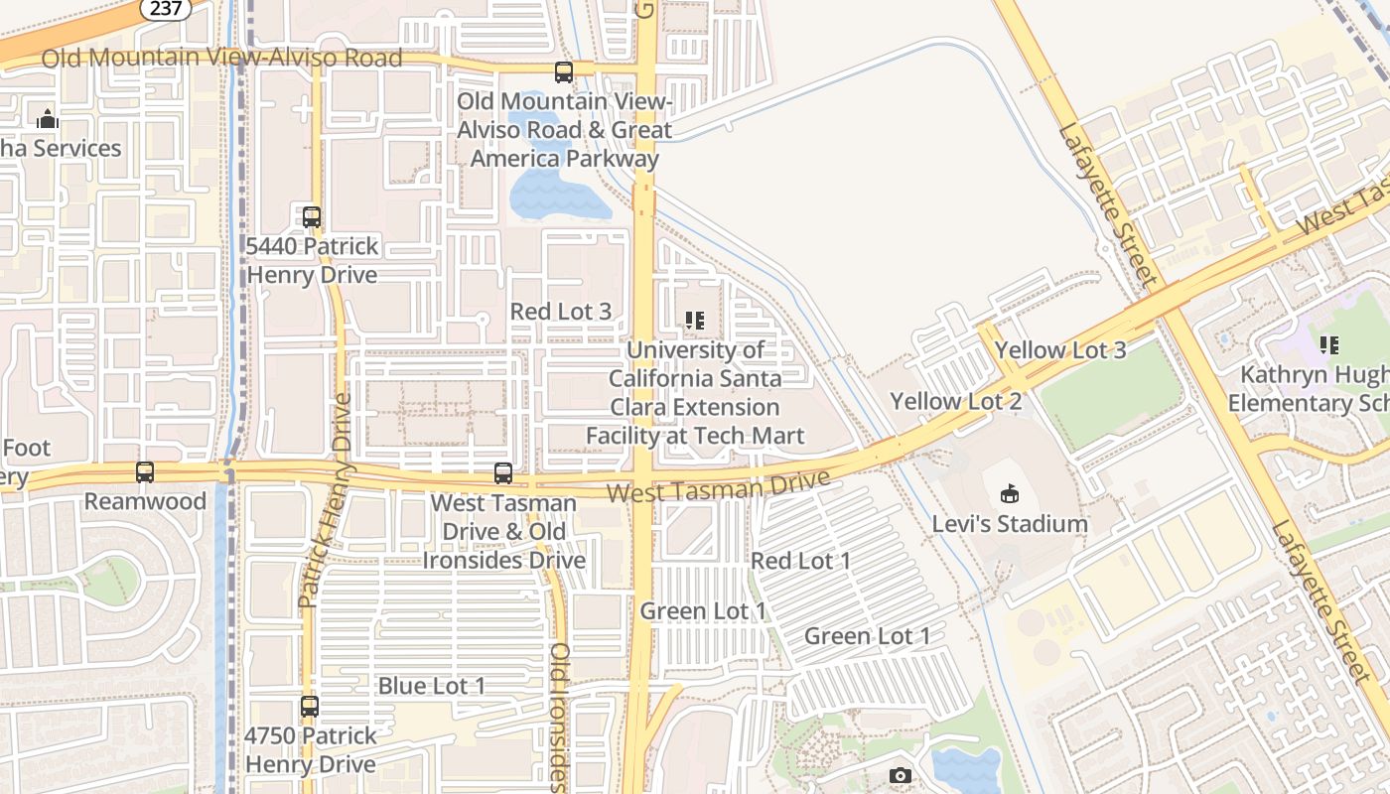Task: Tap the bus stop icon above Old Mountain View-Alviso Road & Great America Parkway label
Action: (x=564, y=71)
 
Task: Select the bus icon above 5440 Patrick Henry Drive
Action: (x=312, y=216)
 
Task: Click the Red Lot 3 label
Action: (x=560, y=311)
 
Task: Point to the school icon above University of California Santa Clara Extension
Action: (x=694, y=320)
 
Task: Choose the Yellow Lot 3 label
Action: (x=1060, y=349)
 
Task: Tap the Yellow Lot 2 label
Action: (x=955, y=401)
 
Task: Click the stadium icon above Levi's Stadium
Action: (x=1010, y=493)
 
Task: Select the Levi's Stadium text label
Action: (x=1010, y=523)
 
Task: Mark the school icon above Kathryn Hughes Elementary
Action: (x=1328, y=345)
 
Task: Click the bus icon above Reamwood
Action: (x=145, y=472)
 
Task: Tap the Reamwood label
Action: (x=145, y=501)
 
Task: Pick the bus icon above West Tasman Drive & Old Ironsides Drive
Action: (x=503, y=473)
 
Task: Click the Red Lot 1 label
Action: (x=800, y=561)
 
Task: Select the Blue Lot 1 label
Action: (x=431, y=686)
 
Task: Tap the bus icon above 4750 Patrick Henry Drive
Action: (x=310, y=707)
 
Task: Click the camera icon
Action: (x=901, y=775)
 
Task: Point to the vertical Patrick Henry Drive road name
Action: (x=327, y=500)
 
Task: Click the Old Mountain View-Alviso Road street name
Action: (x=221, y=58)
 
